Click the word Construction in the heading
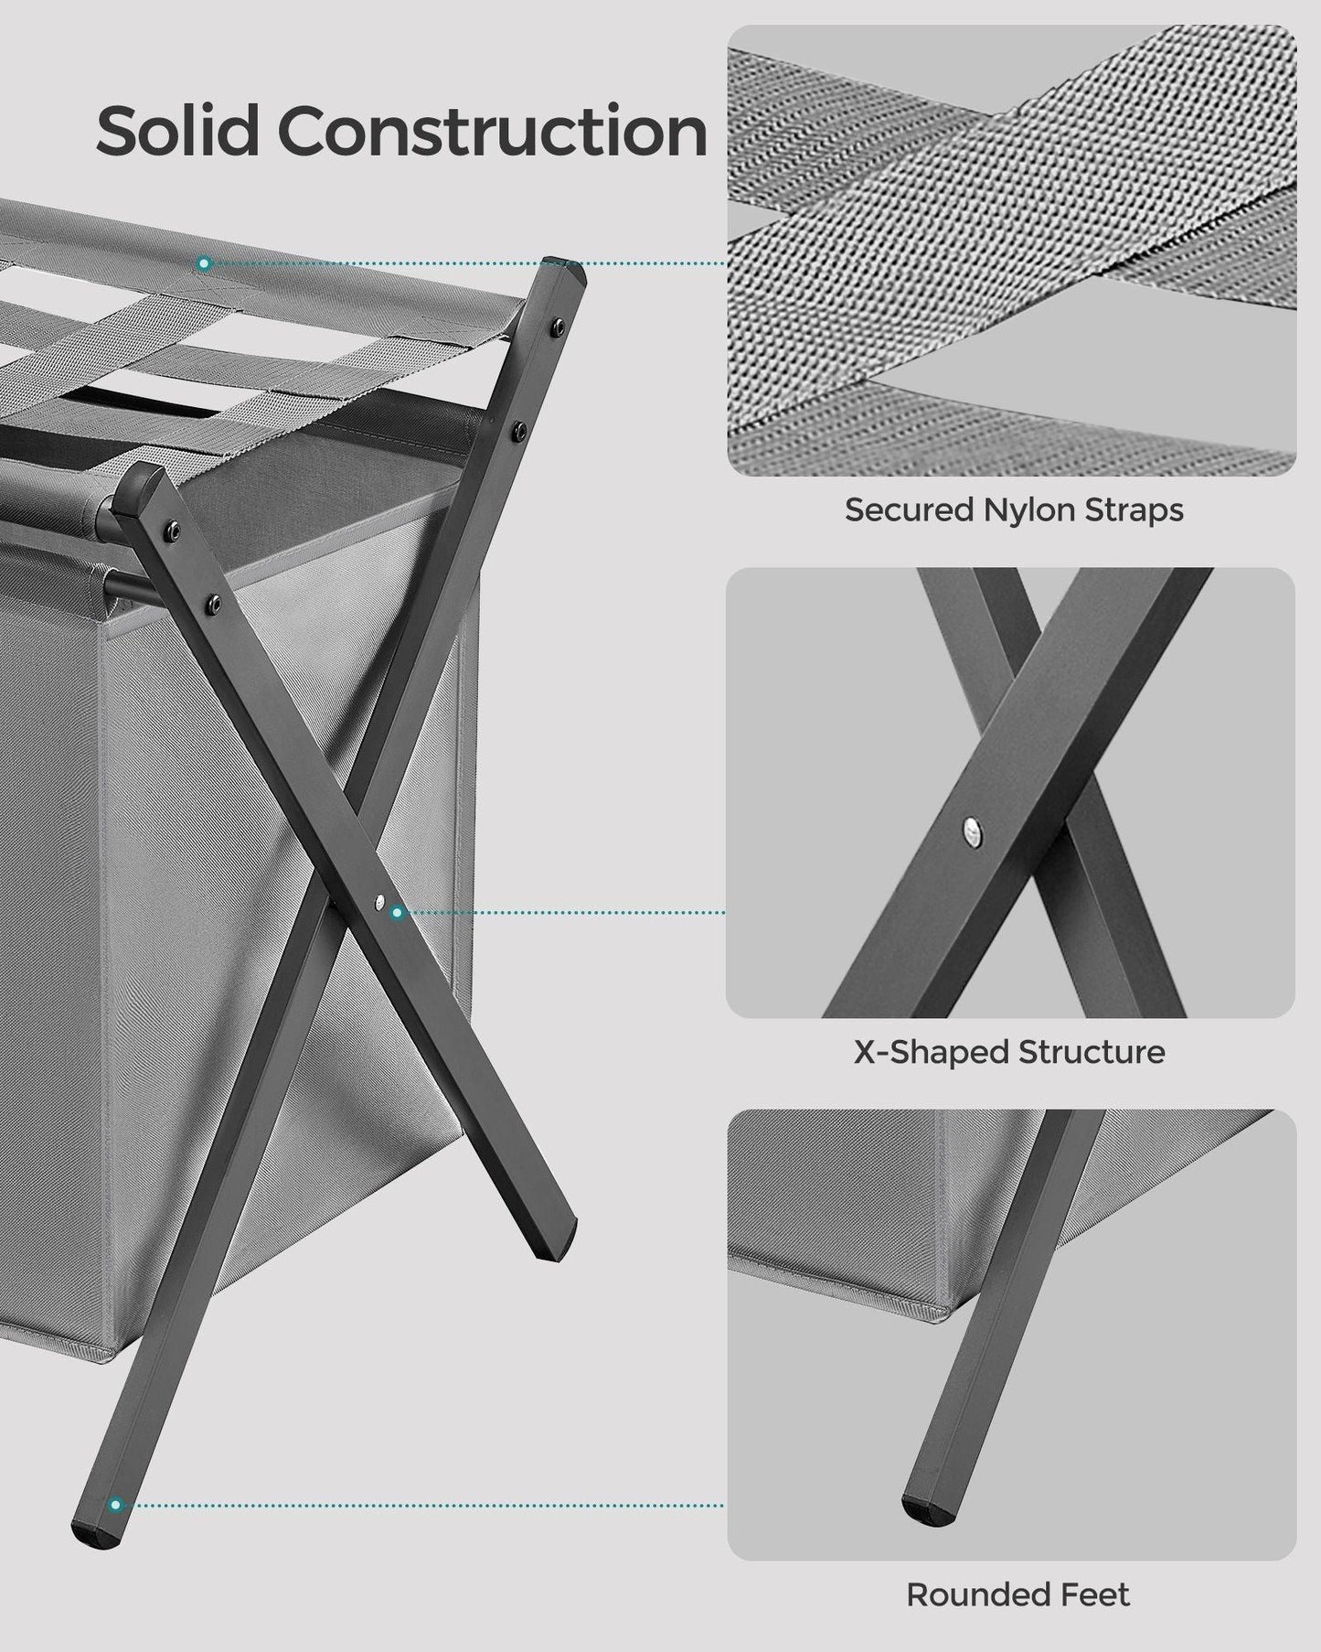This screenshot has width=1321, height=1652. (x=493, y=131)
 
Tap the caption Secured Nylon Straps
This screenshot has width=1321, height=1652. (x=1013, y=510)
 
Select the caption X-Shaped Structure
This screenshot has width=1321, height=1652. (x=1009, y=1052)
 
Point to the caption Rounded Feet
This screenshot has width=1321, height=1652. (x=1017, y=1595)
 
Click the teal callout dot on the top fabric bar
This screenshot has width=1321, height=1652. (x=204, y=263)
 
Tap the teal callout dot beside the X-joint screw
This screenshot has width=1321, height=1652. (x=397, y=913)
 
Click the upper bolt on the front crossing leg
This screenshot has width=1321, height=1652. (x=174, y=528)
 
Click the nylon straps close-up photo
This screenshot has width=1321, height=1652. (x=1011, y=250)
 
